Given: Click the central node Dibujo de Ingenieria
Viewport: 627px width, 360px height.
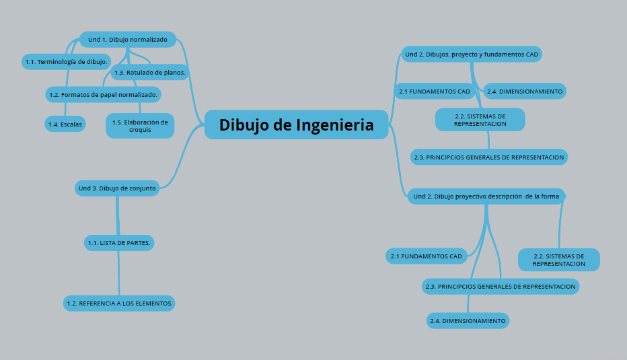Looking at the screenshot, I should (296, 124).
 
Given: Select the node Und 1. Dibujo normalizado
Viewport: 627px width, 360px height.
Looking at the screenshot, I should (127, 40).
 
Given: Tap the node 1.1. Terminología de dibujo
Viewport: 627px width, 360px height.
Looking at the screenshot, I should (66, 62).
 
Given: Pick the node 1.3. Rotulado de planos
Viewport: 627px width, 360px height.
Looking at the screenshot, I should (149, 72).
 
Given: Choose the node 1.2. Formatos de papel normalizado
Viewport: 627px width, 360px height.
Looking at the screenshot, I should (103, 95).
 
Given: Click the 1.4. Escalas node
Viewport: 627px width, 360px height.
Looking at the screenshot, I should (65, 124).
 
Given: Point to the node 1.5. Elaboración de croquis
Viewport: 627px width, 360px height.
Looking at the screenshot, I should (140, 126).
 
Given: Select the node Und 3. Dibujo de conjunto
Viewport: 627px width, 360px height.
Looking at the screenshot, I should (117, 188).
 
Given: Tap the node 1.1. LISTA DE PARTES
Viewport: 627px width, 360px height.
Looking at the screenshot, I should (119, 242).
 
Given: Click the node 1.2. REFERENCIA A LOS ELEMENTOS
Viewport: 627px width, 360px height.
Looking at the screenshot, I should (119, 303).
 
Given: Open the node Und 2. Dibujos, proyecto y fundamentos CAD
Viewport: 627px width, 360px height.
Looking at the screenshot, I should (471, 54).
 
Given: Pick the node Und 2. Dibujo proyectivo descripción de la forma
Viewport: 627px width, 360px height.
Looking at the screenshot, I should (486, 196).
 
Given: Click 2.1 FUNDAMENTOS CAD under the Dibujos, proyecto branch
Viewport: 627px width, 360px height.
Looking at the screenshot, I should (434, 91).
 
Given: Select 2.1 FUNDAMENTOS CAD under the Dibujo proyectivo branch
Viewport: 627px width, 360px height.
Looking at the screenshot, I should (427, 256).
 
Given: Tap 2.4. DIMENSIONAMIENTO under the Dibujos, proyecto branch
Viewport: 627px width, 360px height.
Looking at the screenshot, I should (525, 91).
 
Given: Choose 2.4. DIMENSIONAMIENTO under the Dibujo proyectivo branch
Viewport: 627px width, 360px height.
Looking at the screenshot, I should (468, 321).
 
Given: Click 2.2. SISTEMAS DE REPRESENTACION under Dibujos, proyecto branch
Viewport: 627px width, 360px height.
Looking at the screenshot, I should (480, 120).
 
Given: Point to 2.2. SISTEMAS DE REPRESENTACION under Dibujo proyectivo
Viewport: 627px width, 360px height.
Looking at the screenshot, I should (558, 260).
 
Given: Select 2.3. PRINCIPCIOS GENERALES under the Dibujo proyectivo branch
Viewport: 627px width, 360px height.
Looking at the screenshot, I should (501, 287).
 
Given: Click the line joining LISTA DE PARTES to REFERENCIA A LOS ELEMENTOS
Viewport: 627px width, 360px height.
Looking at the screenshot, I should (119, 273).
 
